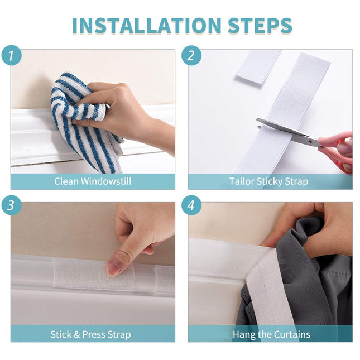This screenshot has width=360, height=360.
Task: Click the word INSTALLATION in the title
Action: (147, 25)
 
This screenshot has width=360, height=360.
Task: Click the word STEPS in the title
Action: (260, 25)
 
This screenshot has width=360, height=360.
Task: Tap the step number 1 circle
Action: (12, 55)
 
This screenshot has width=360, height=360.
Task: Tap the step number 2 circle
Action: (191, 55)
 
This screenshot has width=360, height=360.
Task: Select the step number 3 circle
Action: (12, 205)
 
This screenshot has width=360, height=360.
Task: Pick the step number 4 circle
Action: (191, 205)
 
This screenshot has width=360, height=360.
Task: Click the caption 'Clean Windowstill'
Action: (93, 181)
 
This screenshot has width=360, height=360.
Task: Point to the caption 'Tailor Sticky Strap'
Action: (268, 181)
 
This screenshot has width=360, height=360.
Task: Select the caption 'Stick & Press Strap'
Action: (90, 334)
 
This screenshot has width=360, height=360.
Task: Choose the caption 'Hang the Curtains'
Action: (271, 334)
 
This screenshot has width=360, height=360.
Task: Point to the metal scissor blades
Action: (287, 131)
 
